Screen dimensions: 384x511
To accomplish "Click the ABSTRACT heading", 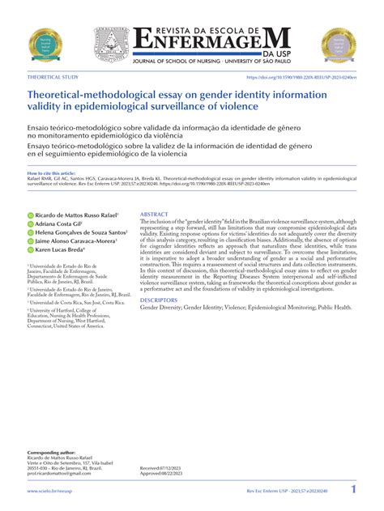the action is pyautogui.click(x=155, y=215).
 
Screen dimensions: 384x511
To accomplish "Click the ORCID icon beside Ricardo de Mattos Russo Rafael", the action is pyautogui.click(x=31, y=215).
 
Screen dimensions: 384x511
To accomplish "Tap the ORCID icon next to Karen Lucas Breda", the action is pyautogui.click(x=31, y=249).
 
